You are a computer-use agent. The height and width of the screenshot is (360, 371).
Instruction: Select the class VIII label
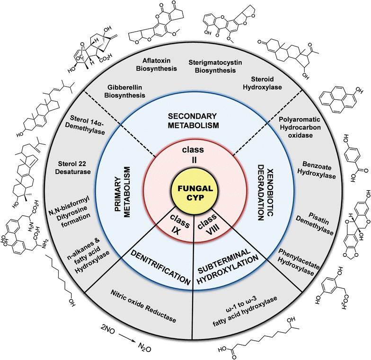pyautogui.click(x=208, y=225)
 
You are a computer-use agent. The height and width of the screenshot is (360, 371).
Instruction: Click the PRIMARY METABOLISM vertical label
pyautogui.click(x=123, y=192)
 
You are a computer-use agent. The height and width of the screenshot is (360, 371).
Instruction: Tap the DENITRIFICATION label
pyautogui.click(x=161, y=268)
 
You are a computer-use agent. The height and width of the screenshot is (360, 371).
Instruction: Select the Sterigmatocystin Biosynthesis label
pyautogui.click(x=215, y=66)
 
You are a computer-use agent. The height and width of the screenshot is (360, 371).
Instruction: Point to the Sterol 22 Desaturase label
pyautogui.click(x=73, y=167)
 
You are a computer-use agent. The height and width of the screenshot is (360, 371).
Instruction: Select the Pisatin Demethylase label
pyautogui.click(x=315, y=223)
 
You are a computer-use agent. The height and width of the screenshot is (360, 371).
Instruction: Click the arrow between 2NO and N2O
pyautogui.click(x=127, y=337)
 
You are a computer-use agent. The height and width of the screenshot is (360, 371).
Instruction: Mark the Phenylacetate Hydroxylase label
pyautogui.click(x=299, y=262)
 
